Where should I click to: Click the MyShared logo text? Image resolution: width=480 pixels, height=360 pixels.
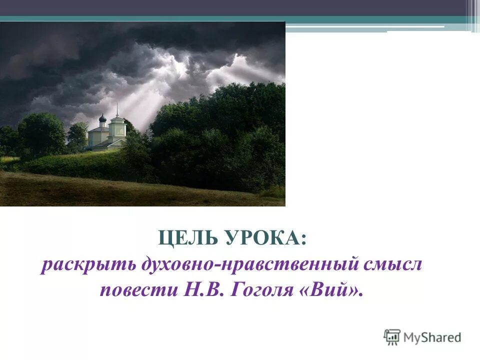coord(432,337)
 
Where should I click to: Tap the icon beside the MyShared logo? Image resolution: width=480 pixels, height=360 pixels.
coord(392,337)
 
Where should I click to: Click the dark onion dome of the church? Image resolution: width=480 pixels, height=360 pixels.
coord(102,118)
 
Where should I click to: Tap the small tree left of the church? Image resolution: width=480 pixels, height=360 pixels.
coord(77,135)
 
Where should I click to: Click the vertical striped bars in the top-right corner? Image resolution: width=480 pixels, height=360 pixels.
coord(472,15)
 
